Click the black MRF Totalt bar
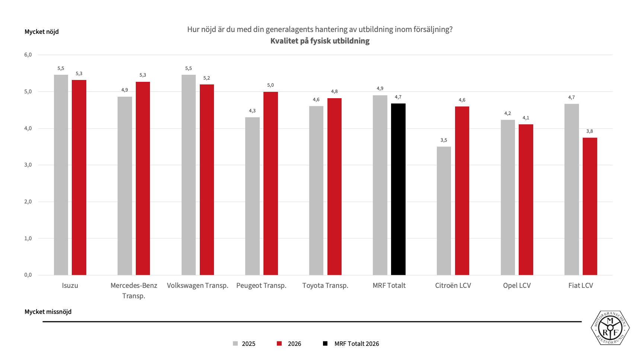tap(398, 189)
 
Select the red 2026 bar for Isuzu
tap(79, 177)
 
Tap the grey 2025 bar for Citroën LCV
tap(444, 211)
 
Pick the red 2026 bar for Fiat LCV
tap(590, 206)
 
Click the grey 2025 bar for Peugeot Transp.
tap(252, 196)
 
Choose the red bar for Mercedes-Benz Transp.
tap(143, 179)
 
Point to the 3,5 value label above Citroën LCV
tap(444, 140)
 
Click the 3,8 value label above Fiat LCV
tap(589, 131)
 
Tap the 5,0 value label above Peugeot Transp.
tap(271, 85)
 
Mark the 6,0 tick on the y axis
tap(28, 55)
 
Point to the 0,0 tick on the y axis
tap(28, 275)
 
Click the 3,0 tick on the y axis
tap(28, 165)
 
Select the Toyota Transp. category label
tap(325, 286)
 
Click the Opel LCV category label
tap(517, 286)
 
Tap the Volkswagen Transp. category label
tap(198, 286)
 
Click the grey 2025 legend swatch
tap(235, 344)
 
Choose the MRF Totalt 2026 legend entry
tap(351, 344)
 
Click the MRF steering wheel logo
tap(610, 328)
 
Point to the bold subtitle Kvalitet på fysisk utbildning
tap(320, 41)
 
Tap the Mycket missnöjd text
tap(48, 312)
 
